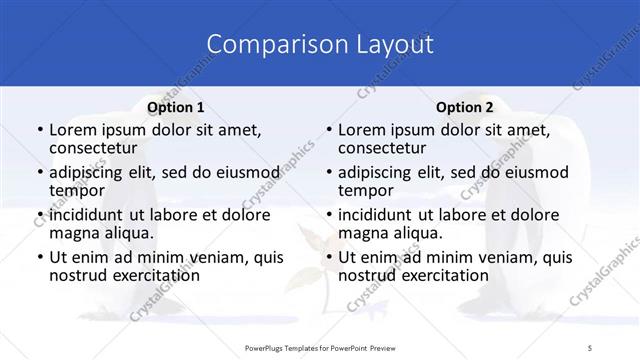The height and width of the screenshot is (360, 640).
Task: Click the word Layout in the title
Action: [x=393, y=44]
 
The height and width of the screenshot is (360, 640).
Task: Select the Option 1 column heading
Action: [x=175, y=107]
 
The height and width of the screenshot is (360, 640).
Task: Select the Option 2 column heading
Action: [x=464, y=107]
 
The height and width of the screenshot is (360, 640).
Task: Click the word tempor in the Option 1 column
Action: [x=78, y=190]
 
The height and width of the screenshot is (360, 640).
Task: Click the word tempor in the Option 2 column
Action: [x=367, y=190]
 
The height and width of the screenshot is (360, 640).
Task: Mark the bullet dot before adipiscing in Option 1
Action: [x=38, y=172]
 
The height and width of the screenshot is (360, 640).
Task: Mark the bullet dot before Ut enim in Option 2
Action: [x=327, y=257]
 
